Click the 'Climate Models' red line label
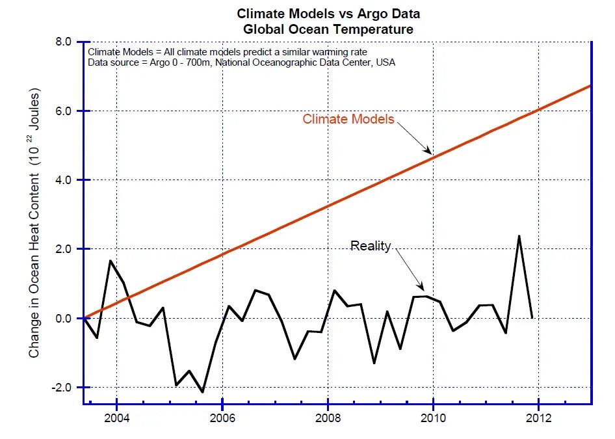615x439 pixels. pyautogui.click(x=348, y=119)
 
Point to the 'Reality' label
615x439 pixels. pyautogui.click(x=371, y=246)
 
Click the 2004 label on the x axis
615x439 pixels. pyautogui.click(x=116, y=418)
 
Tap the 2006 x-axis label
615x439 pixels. pyautogui.click(x=222, y=418)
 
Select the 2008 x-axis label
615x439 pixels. pyautogui.click(x=328, y=418)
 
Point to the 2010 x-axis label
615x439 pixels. pyautogui.click(x=433, y=418)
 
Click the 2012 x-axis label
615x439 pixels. pyautogui.click(x=538, y=418)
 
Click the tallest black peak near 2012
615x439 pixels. pyautogui.click(x=519, y=236)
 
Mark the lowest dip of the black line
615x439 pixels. pyautogui.click(x=202, y=392)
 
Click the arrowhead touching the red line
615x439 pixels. pyautogui.click(x=429, y=150)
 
